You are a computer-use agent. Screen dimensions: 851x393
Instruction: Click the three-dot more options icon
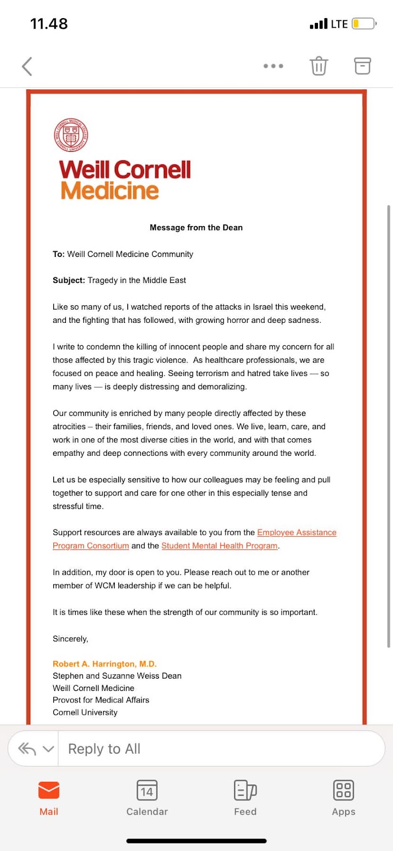pyautogui.click(x=273, y=66)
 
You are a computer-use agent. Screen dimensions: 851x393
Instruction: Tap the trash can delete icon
pyautogui.click(x=319, y=66)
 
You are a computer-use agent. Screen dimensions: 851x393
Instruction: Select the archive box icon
pyautogui.click(x=362, y=66)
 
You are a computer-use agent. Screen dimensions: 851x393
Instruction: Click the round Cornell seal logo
pyautogui.click(x=71, y=135)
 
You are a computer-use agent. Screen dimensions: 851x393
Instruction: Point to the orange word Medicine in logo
pyautogui.click(x=110, y=191)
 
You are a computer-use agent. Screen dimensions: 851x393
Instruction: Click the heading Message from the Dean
pyautogui.click(x=196, y=228)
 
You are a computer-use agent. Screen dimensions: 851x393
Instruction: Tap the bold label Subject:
pyautogui.click(x=69, y=280)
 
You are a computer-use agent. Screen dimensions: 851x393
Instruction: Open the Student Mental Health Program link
pyautogui.click(x=220, y=546)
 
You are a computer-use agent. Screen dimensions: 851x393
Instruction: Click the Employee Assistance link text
pyautogui.click(x=297, y=532)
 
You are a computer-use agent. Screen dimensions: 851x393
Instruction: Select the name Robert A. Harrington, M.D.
pyautogui.click(x=104, y=664)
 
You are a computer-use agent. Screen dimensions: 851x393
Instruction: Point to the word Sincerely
pyautogui.click(x=70, y=639)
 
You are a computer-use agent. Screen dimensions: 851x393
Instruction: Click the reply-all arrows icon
pyautogui.click(x=27, y=749)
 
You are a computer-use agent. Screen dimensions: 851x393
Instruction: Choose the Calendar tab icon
pyautogui.click(x=147, y=790)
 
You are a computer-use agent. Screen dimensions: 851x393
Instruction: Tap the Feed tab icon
pyautogui.click(x=245, y=790)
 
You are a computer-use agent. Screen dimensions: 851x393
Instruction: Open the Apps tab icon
pyautogui.click(x=344, y=790)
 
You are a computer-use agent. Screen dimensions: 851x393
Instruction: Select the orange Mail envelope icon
pyautogui.click(x=49, y=790)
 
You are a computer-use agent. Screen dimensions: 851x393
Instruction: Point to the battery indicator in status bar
pyautogui.click(x=364, y=24)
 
